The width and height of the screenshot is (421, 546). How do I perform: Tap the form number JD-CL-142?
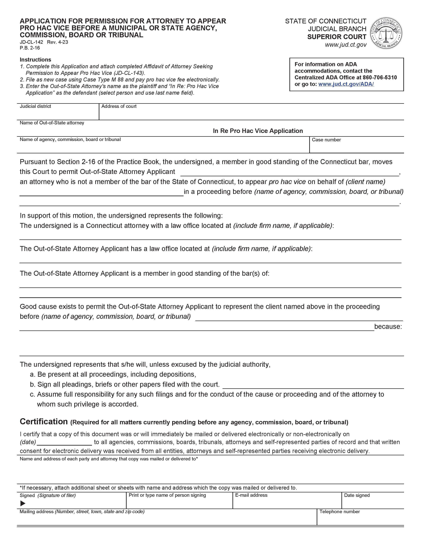[x=31, y=42]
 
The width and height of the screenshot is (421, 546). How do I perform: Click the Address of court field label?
[x=119, y=106]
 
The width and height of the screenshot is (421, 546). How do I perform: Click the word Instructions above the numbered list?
[x=35, y=60]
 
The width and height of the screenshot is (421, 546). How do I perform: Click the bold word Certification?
[x=44, y=421]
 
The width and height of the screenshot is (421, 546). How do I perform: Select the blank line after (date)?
[x=64, y=442]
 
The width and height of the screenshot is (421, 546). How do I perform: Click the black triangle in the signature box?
[x=23, y=503]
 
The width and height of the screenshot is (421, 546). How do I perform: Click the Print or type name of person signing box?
[x=179, y=502]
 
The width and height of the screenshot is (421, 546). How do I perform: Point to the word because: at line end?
[x=388, y=327]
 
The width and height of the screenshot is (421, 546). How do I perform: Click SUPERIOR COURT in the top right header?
[x=336, y=37]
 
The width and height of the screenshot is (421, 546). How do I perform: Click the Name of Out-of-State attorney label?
[x=52, y=123]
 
